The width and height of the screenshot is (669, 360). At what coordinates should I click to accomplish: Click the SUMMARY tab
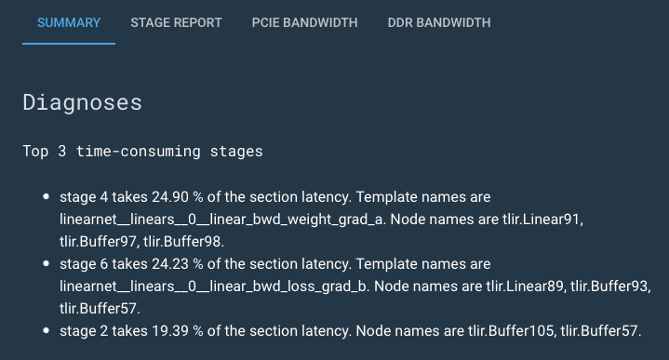coord(69,22)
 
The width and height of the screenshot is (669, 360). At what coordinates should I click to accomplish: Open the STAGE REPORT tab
coord(176,22)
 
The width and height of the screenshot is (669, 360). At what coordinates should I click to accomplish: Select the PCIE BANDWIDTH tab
coord(304,22)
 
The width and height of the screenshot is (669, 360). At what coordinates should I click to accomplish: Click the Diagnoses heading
coord(82,102)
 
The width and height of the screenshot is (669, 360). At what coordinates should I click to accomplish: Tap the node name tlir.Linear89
coord(521,285)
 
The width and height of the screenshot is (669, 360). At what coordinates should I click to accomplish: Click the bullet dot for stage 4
coord(47,198)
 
